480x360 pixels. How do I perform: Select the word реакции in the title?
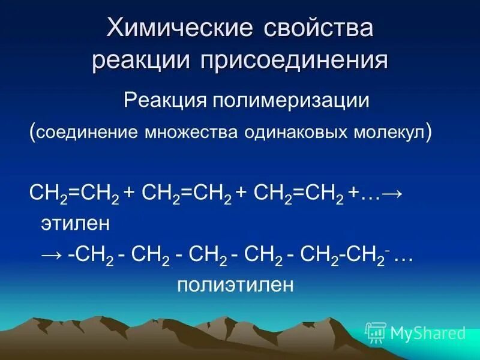pos(141,61)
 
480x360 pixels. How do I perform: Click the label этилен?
pos(75,223)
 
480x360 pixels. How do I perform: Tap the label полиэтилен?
pos(235,284)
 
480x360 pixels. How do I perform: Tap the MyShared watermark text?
pos(428,332)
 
